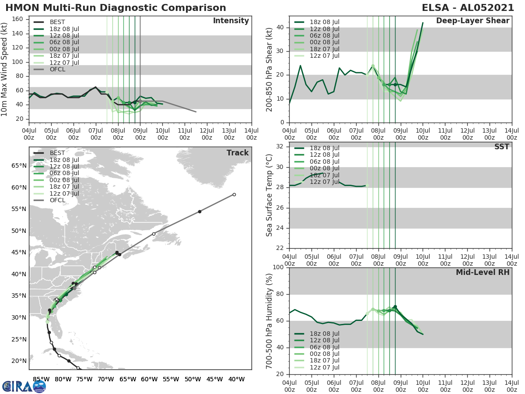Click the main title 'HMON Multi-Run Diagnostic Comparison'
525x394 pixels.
(115, 8)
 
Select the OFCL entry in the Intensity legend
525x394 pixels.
(57, 69)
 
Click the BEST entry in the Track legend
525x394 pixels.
(57, 153)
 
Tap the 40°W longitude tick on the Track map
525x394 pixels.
(236, 379)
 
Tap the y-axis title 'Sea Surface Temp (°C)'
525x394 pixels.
(269, 195)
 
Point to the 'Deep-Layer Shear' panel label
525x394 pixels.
(472, 21)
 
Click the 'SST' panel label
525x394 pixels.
(501, 147)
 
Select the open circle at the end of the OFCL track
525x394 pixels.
(234, 194)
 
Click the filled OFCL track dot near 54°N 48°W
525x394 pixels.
(199, 211)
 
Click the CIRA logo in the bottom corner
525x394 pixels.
(24, 386)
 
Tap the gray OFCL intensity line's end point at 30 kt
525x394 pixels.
(196, 112)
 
